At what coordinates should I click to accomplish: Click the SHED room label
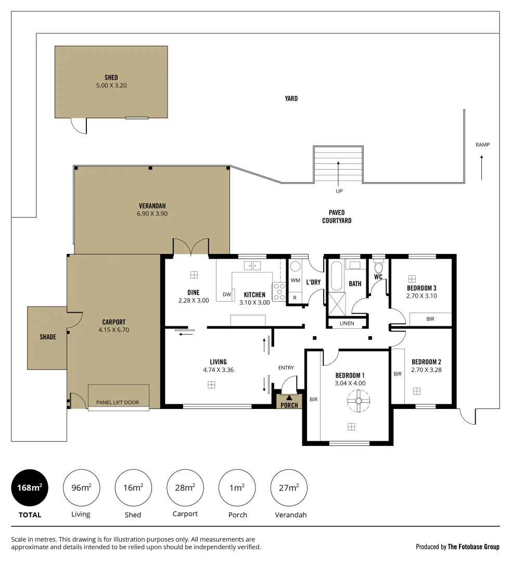[111, 78]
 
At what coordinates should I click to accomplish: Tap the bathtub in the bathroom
[336, 275]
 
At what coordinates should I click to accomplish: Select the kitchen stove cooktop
[279, 291]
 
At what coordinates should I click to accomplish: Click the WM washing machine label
[296, 280]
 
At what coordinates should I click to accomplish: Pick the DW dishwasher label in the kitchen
[226, 295]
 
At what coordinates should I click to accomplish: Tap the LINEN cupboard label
[347, 323]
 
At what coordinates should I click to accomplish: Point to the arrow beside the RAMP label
[482, 167]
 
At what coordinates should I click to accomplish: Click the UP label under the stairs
[339, 191]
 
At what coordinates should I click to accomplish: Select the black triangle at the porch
[289, 398]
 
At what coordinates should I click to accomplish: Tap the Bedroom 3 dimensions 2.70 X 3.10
[421, 296]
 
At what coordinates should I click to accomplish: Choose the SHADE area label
[47, 337]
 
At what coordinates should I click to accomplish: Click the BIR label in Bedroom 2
[398, 374]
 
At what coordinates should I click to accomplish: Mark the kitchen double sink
[253, 266]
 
